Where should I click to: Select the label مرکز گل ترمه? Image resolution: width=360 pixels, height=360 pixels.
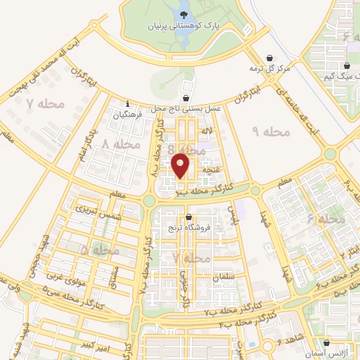(269, 69)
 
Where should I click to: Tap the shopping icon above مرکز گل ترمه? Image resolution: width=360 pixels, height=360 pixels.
(269, 58)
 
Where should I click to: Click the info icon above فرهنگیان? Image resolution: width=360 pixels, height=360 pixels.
(127, 103)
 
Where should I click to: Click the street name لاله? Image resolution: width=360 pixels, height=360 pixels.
(207, 131)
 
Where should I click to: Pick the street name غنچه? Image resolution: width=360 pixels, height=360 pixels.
(212, 170)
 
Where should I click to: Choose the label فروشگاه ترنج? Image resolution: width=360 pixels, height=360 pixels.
(184, 228)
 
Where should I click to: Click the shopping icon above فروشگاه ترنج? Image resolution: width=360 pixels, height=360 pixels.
(188, 218)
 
